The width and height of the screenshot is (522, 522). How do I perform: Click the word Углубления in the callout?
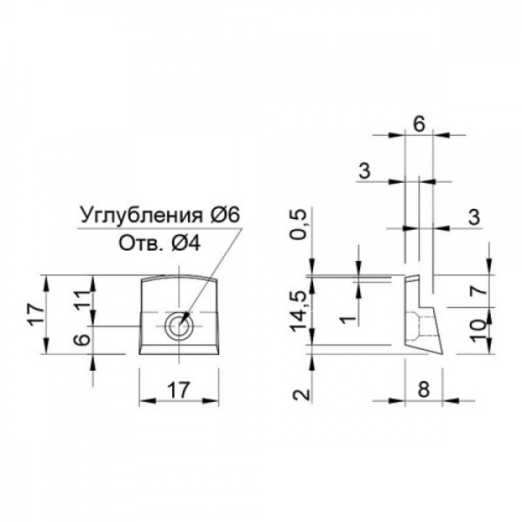tap(141, 216)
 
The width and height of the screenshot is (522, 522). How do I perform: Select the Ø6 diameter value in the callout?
tap(225, 215)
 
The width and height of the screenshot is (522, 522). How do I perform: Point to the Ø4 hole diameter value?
tap(186, 245)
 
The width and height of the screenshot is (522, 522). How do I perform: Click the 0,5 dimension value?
tap(298, 224)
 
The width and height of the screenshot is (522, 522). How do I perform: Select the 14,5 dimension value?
tap(298, 311)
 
